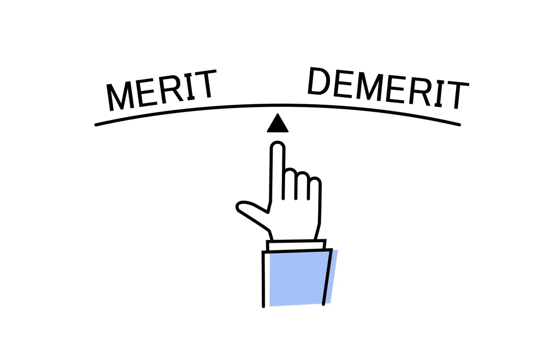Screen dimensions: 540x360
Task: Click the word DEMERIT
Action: tap(388, 88)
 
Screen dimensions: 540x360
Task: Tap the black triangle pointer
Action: tap(278, 123)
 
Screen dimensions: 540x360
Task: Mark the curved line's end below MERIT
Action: tap(96, 125)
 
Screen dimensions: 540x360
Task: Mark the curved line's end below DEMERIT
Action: tap(459, 125)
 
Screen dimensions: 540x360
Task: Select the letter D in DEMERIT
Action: tap(319, 81)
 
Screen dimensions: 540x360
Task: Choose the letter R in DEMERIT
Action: tap(420, 92)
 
